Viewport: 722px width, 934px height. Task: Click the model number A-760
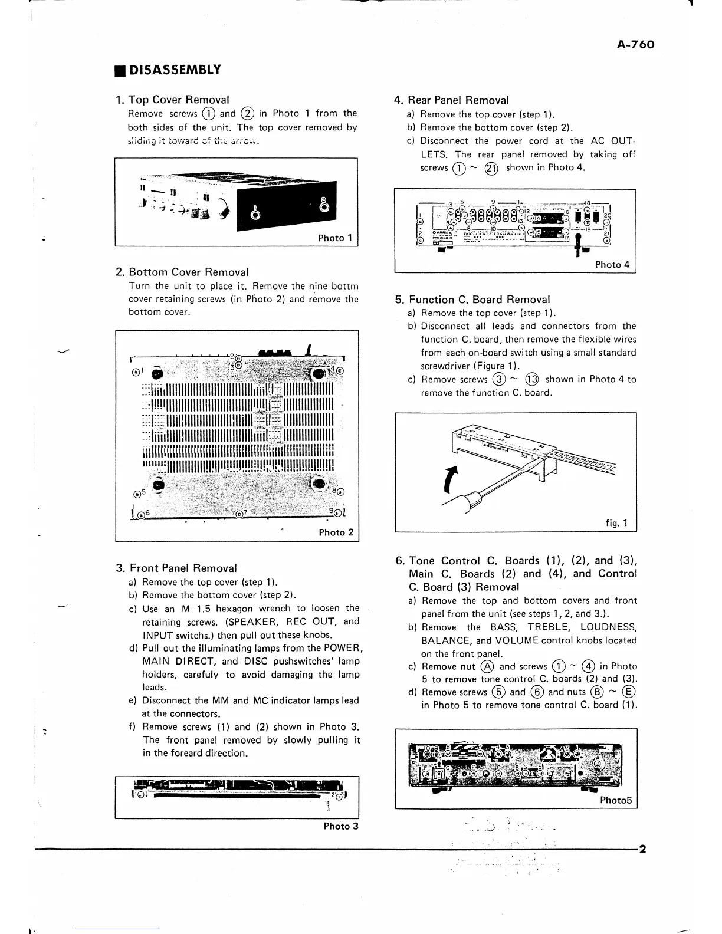tap(636, 45)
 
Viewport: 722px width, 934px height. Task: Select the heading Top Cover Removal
tap(179, 100)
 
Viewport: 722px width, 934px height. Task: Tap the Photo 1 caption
tap(335, 238)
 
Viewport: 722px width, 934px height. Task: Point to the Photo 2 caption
tap(336, 532)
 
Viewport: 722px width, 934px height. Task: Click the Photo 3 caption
tap(341, 826)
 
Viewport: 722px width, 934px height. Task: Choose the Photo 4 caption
tap(612, 265)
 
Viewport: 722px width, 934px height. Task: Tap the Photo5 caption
tap(616, 800)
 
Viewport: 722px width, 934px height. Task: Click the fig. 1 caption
tap(617, 523)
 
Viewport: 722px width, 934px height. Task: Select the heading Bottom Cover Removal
tap(188, 272)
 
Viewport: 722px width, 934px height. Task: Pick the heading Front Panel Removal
tap(183, 568)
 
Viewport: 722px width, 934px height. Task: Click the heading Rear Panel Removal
tap(458, 100)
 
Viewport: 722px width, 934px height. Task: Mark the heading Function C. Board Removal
tap(479, 300)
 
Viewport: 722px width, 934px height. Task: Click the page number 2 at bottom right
tap(642, 850)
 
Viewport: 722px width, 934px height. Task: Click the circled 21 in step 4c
tap(491, 168)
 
